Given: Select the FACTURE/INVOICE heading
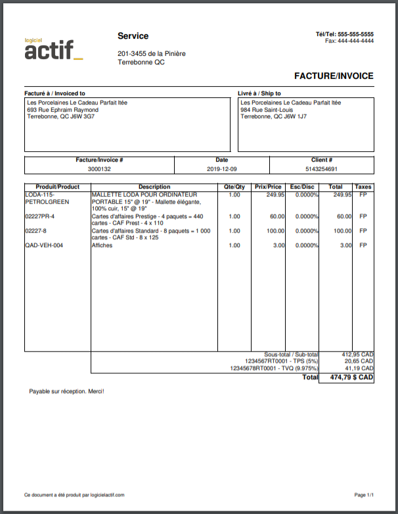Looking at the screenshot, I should click(334, 76).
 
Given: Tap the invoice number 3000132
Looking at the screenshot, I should click(99, 169).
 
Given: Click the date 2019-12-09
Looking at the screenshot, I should click(222, 169).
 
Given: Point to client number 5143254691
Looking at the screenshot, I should click(322, 169).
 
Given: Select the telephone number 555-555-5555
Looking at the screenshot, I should click(355, 34).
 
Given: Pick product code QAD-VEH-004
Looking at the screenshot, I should click(45, 246).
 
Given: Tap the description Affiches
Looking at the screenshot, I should click(102, 246).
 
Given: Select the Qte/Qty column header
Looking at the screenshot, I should click(234, 187).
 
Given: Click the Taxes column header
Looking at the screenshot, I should click(363, 187).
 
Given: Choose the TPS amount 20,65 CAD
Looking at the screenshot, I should click(359, 361).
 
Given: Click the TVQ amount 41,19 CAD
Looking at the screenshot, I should click(359, 368).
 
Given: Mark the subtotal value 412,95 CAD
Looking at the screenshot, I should click(357, 354).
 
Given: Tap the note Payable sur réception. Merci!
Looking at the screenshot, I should click(66, 392).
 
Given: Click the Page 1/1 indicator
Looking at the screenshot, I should click(364, 495).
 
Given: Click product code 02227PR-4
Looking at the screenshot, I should click(40, 216).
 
